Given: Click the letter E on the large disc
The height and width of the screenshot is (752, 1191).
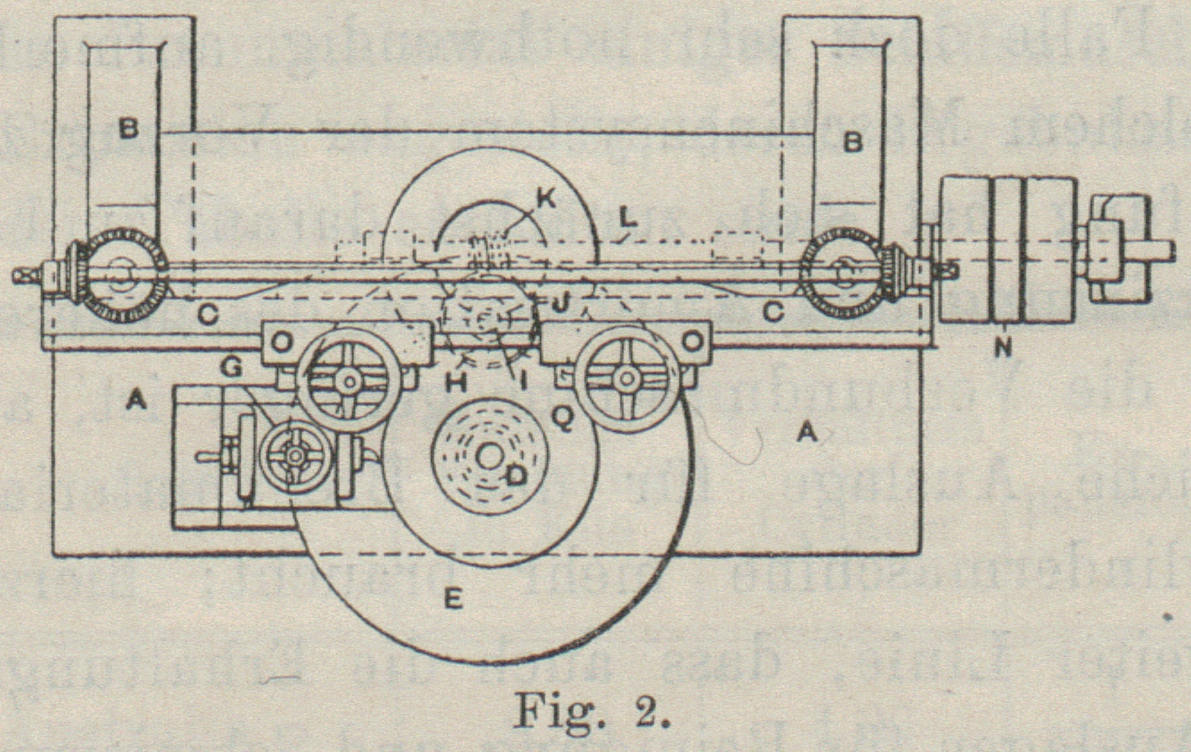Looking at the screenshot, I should [452, 600].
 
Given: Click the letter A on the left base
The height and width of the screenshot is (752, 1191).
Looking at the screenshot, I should [136, 403].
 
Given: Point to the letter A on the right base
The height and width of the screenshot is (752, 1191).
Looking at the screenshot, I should [807, 433].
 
